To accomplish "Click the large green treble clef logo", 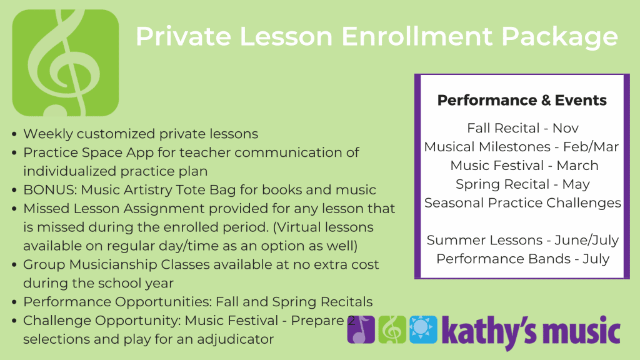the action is tap(66, 63).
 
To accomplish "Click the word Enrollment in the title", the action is tap(417, 36).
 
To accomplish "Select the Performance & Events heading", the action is tap(522, 100).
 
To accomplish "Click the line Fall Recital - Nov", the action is tap(523, 128).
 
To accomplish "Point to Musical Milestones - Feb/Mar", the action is tap(522, 146).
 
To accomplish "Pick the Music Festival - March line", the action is tap(524, 165).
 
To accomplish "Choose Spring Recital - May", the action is tap(523, 184).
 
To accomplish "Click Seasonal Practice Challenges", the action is tap(523, 203).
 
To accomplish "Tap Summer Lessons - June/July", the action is tap(523, 241).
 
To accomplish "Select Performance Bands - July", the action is tap(523, 259).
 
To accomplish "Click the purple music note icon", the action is tap(361, 329).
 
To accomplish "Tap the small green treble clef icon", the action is tap(392, 329).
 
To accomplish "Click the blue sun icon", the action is tap(423, 329).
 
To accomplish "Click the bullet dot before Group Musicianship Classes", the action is tap(15, 265).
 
